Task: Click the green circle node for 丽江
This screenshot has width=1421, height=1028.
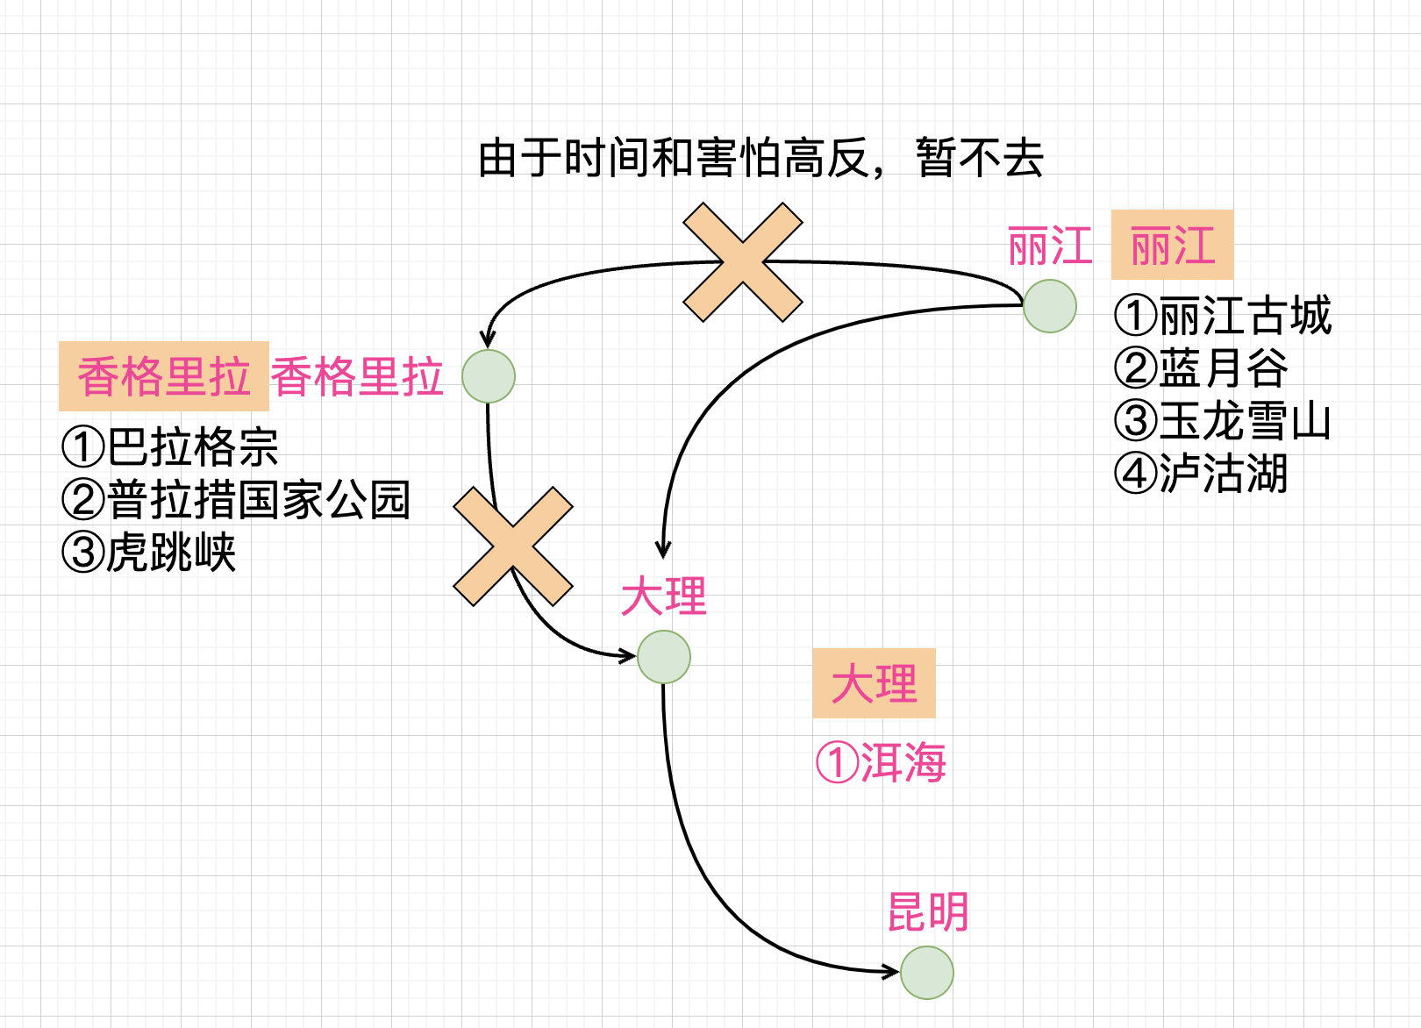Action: [1049, 306]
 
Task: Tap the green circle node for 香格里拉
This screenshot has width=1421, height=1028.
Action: [489, 376]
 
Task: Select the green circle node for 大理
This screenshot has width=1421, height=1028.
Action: [664, 657]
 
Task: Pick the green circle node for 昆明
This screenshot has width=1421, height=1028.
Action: [927, 973]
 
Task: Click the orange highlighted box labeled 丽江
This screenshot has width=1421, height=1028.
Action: [1172, 245]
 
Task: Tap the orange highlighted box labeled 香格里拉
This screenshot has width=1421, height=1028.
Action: [164, 376]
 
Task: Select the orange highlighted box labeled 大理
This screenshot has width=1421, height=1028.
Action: [874, 683]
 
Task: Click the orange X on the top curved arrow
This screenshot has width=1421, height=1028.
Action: [743, 262]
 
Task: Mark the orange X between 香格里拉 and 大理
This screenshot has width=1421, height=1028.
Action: [513, 546]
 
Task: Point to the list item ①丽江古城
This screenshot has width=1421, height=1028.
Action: [1223, 316]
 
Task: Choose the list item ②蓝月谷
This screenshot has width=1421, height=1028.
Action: [1201, 368]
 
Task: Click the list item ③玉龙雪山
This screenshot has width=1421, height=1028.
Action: [1223, 421]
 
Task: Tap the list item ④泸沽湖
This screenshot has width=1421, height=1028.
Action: [1201, 474]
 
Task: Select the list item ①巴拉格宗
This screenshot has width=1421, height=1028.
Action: [170, 446]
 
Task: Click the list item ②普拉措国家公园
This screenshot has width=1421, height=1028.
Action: [236, 500]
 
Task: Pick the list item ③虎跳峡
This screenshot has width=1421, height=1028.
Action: [149, 553]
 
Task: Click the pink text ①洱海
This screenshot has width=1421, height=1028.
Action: [881, 762]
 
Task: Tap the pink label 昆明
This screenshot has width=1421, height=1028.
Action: [928, 912]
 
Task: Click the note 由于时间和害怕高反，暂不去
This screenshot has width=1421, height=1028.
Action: [760, 159]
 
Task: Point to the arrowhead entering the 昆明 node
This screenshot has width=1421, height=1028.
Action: [890, 971]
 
